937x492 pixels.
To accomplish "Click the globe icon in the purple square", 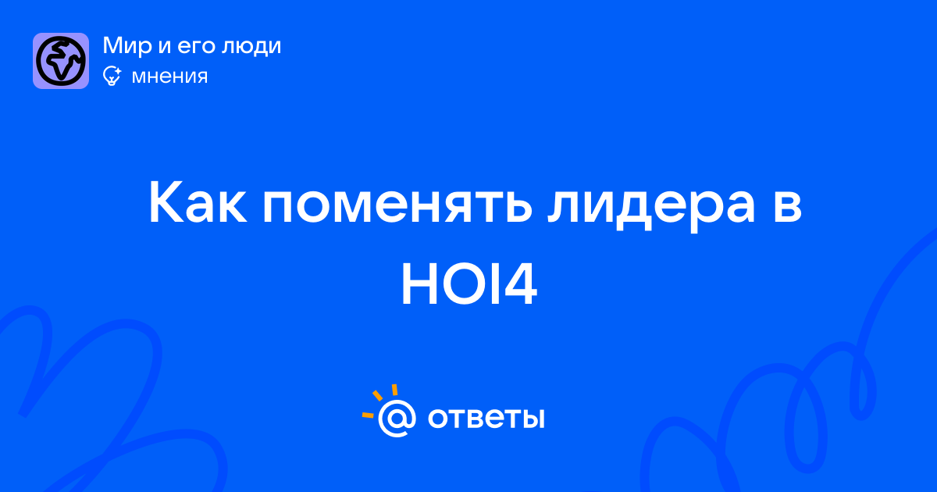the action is coord(61,61).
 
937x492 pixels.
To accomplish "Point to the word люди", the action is coord(251,47).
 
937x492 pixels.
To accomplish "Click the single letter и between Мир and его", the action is coord(165,48).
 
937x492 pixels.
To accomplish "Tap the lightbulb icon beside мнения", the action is coord(112,76).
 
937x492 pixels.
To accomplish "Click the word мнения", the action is coord(169,77).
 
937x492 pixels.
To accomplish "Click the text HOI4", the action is coord(469,285).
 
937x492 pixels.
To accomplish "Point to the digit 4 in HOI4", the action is coord(519,285).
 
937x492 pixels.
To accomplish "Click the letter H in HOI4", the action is coord(419,285).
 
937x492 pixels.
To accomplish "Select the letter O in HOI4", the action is coord(465,285).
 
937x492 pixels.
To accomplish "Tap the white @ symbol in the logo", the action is coord(397,418).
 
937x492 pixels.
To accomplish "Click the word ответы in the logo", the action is coord(486,418).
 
